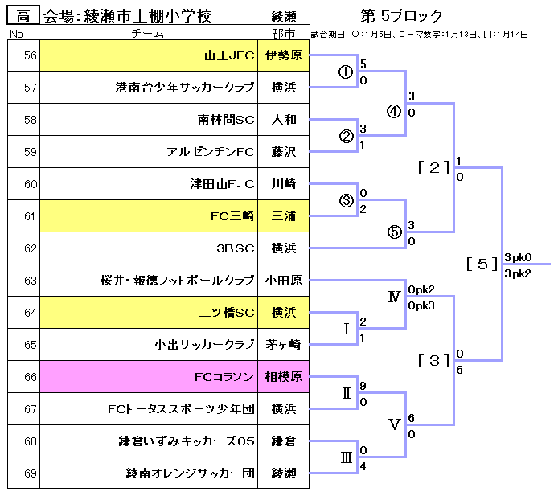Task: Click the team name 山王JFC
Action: (229, 55)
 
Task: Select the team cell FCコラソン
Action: (224, 376)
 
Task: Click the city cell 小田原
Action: (284, 281)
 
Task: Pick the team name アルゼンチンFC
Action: (211, 151)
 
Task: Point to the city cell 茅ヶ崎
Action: (284, 344)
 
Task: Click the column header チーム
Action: (148, 34)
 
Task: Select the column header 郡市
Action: (284, 34)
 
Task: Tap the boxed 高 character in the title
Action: (23, 15)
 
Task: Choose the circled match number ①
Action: (346, 72)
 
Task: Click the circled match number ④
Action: (393, 112)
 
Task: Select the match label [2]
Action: (434, 167)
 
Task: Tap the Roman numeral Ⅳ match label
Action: (394, 297)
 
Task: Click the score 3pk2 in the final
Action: (519, 274)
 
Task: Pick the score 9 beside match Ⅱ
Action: (363, 385)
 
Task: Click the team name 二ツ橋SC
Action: (227, 312)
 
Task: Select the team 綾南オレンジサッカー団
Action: (191, 473)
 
